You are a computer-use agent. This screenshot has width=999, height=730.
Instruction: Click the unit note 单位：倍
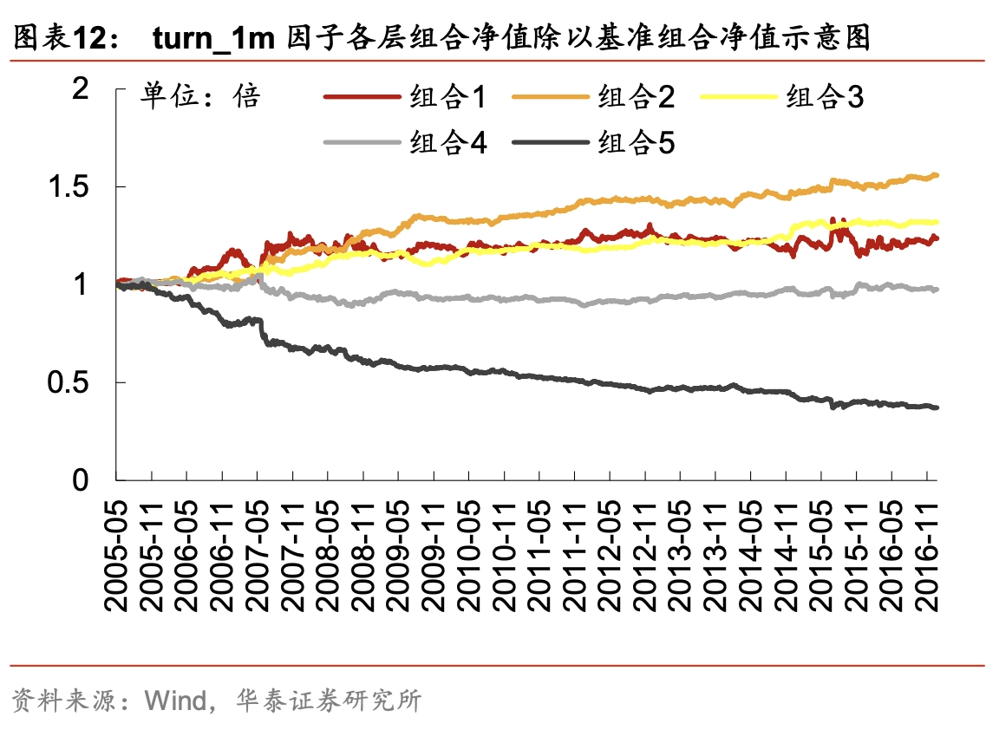point(199,96)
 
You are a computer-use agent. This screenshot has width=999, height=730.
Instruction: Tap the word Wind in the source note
point(174,700)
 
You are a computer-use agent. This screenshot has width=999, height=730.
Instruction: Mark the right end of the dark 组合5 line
point(937,407)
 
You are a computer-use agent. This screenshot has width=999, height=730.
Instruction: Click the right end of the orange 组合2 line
point(937,176)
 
